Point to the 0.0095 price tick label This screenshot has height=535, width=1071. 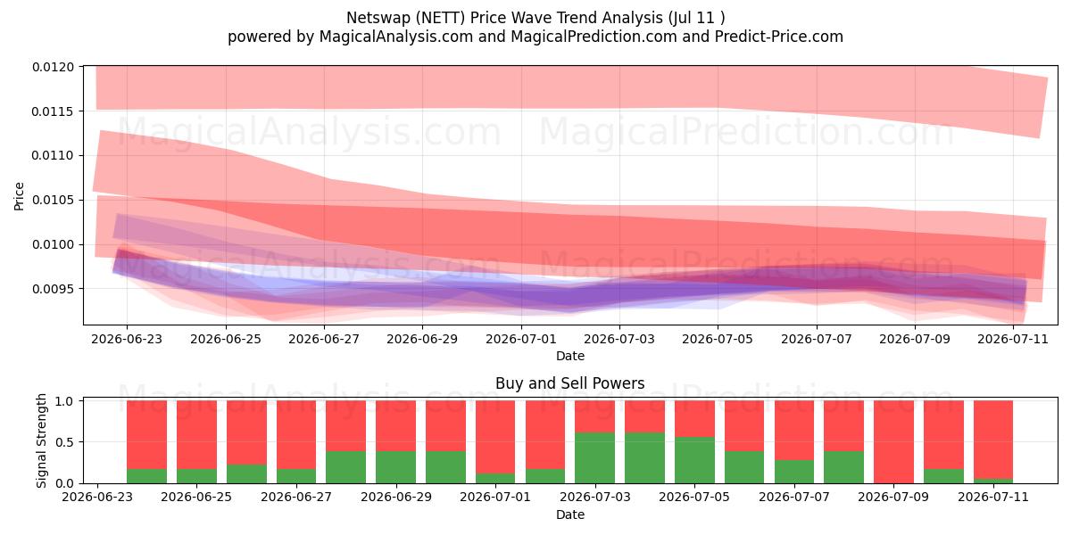[53, 289]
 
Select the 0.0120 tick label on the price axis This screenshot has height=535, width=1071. [53, 68]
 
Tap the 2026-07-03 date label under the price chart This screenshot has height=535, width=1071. [619, 339]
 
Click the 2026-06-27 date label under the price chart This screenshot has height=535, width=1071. [324, 339]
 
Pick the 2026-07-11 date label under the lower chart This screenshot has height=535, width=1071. [993, 497]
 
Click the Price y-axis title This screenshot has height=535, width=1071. [19, 196]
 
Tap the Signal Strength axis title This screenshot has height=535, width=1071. [42, 440]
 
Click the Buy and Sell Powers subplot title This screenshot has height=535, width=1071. [570, 383]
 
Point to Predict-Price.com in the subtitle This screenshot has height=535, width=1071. [779, 37]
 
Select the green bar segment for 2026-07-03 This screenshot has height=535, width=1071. [594, 458]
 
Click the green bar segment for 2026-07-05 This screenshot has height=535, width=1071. [694, 460]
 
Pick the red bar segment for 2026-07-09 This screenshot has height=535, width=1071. [893, 442]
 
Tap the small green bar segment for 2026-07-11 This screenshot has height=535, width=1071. [993, 481]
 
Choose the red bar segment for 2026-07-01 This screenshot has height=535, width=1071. [495, 437]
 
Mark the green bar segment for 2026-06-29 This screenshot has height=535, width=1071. [395, 467]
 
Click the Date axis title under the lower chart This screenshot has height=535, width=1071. [570, 515]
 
